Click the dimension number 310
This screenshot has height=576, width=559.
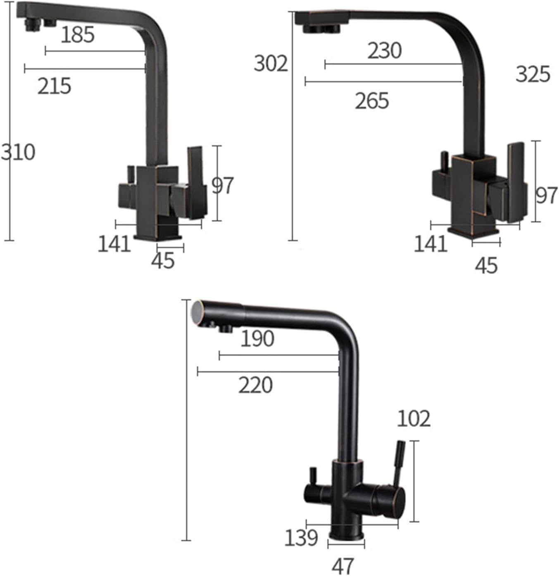(x=18, y=152)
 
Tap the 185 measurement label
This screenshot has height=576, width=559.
(x=78, y=35)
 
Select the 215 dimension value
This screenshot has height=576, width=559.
(x=54, y=86)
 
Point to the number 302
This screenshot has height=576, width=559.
(x=271, y=64)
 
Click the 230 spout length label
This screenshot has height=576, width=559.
(x=385, y=51)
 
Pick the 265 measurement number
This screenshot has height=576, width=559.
(x=372, y=101)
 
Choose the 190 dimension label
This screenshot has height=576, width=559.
(x=257, y=339)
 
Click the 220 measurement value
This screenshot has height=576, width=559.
(x=255, y=385)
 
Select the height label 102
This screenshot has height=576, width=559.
(x=414, y=419)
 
